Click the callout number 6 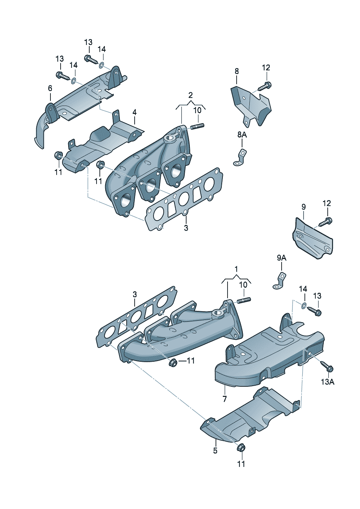click(x=50, y=88)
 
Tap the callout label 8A click(x=242, y=135)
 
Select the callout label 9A click(x=282, y=258)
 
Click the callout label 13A click(x=328, y=382)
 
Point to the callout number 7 click(x=225, y=399)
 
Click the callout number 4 click(x=135, y=112)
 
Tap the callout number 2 click(x=191, y=95)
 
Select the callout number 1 click(x=236, y=269)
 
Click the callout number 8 click(x=237, y=71)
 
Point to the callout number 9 click(x=304, y=207)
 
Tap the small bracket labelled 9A click(x=279, y=281)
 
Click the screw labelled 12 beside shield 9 click(x=326, y=222)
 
